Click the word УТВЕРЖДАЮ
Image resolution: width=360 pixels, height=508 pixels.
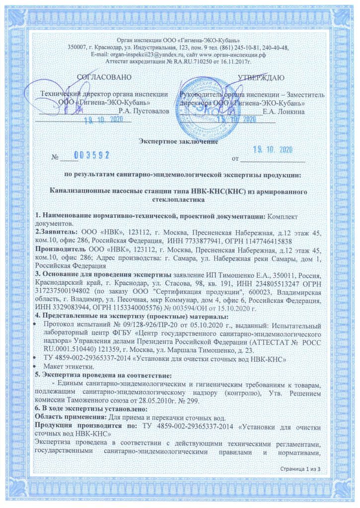260,78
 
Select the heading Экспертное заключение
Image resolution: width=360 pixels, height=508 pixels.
180,142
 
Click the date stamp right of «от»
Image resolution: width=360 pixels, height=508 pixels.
270,150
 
